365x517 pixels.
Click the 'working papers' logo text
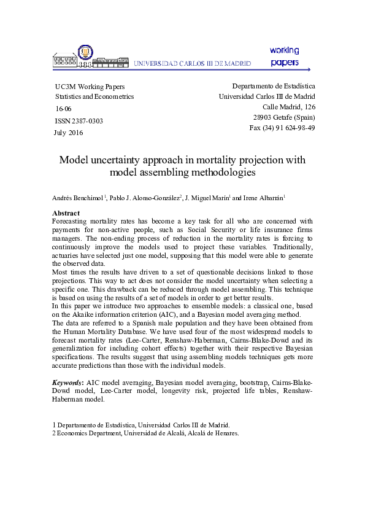(x=284, y=56)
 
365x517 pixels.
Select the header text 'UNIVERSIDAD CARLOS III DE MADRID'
(x=193, y=63)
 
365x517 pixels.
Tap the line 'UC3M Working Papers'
(x=90, y=87)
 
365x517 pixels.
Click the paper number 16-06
(x=63, y=109)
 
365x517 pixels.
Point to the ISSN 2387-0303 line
(x=79, y=121)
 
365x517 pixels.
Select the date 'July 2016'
(x=69, y=133)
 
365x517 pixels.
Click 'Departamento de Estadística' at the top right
(x=274, y=86)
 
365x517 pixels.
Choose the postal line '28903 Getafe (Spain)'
(x=283, y=117)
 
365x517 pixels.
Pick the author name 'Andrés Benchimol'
(x=78, y=198)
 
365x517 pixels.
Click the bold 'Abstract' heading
(x=66, y=213)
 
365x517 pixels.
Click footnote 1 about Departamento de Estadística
(x=140, y=424)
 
